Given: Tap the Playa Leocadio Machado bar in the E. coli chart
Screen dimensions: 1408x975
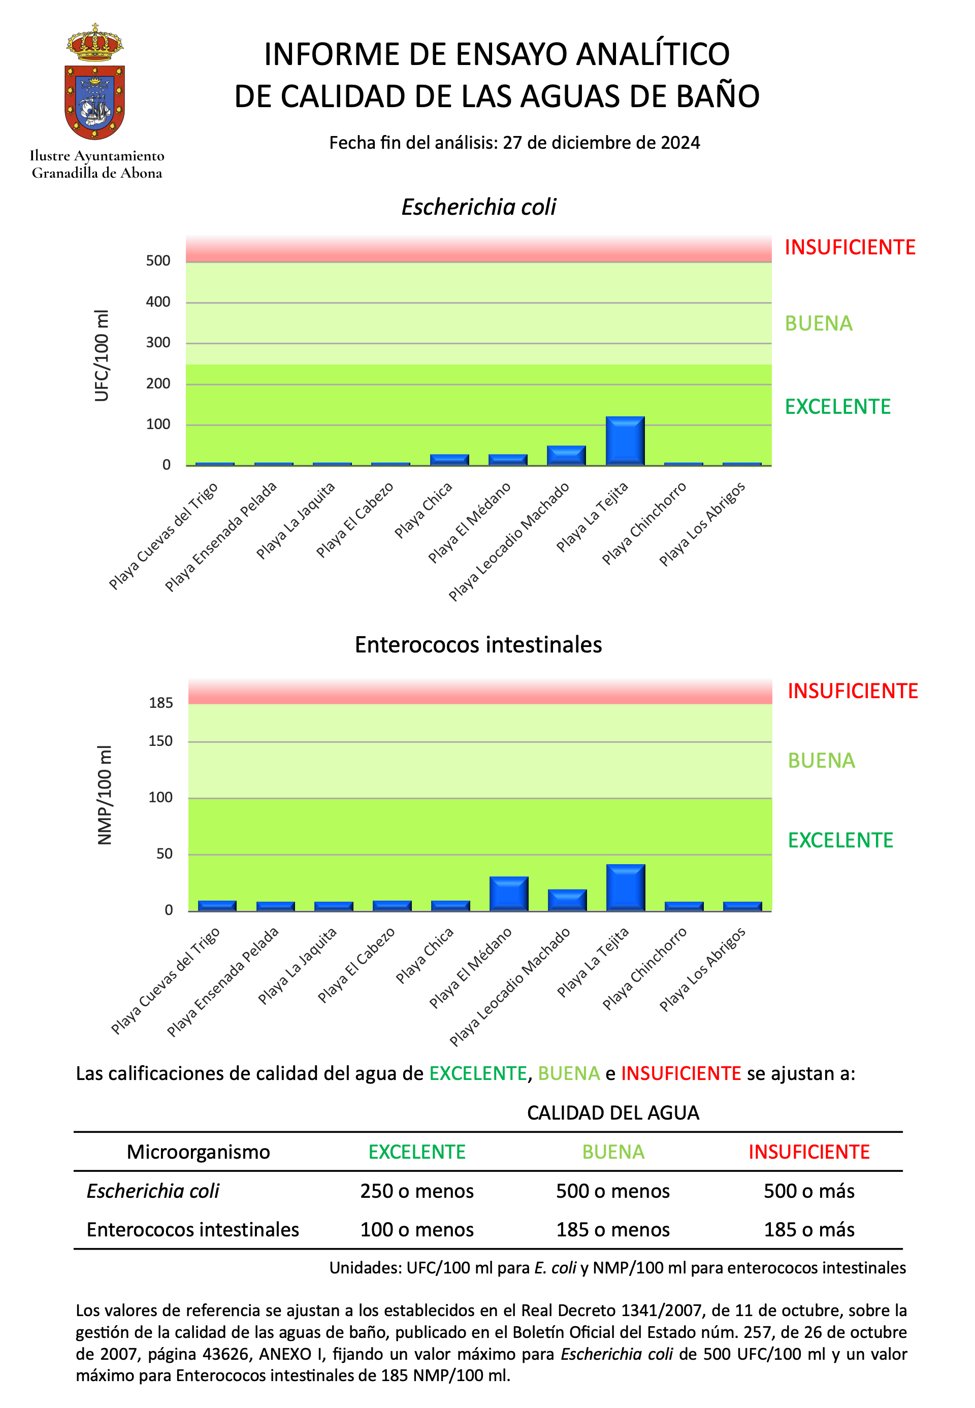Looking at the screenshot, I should [x=566, y=455].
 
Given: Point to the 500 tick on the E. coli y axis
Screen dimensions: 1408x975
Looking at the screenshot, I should [x=158, y=261].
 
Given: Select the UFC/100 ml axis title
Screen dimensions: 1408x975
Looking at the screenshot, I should [x=102, y=355].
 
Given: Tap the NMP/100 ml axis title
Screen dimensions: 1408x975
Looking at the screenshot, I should [x=105, y=795].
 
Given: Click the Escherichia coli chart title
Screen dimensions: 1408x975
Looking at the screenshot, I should [x=478, y=207].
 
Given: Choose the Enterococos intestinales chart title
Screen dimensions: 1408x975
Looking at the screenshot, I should [x=478, y=645].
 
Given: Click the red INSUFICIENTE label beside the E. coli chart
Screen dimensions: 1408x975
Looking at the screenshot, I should [x=850, y=247].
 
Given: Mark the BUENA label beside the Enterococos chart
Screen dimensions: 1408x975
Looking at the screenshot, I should [x=821, y=761].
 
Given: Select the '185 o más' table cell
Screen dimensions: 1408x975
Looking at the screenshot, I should [x=809, y=1229].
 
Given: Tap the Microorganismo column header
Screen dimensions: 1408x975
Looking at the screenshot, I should [x=198, y=1152].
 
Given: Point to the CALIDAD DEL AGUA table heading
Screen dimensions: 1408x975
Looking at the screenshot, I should [x=613, y=1113].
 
